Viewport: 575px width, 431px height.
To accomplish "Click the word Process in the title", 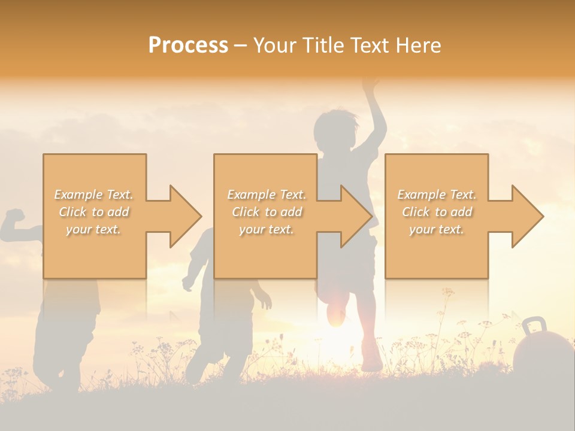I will pos(188,45).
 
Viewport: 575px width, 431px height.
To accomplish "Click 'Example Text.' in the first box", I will pos(94,195).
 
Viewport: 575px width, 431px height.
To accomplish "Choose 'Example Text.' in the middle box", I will pos(266,195).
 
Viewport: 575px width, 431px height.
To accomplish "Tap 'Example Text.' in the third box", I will pos(437,195).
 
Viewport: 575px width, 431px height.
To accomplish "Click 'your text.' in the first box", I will pos(94,229).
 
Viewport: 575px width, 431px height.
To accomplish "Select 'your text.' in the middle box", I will pos(266,229).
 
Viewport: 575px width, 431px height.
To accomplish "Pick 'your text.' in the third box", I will pos(437,229).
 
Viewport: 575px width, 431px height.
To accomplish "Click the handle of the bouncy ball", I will pos(534,326).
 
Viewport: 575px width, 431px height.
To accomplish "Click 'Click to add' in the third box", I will pos(437,212).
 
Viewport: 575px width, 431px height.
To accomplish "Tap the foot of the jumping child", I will pos(371,363).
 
